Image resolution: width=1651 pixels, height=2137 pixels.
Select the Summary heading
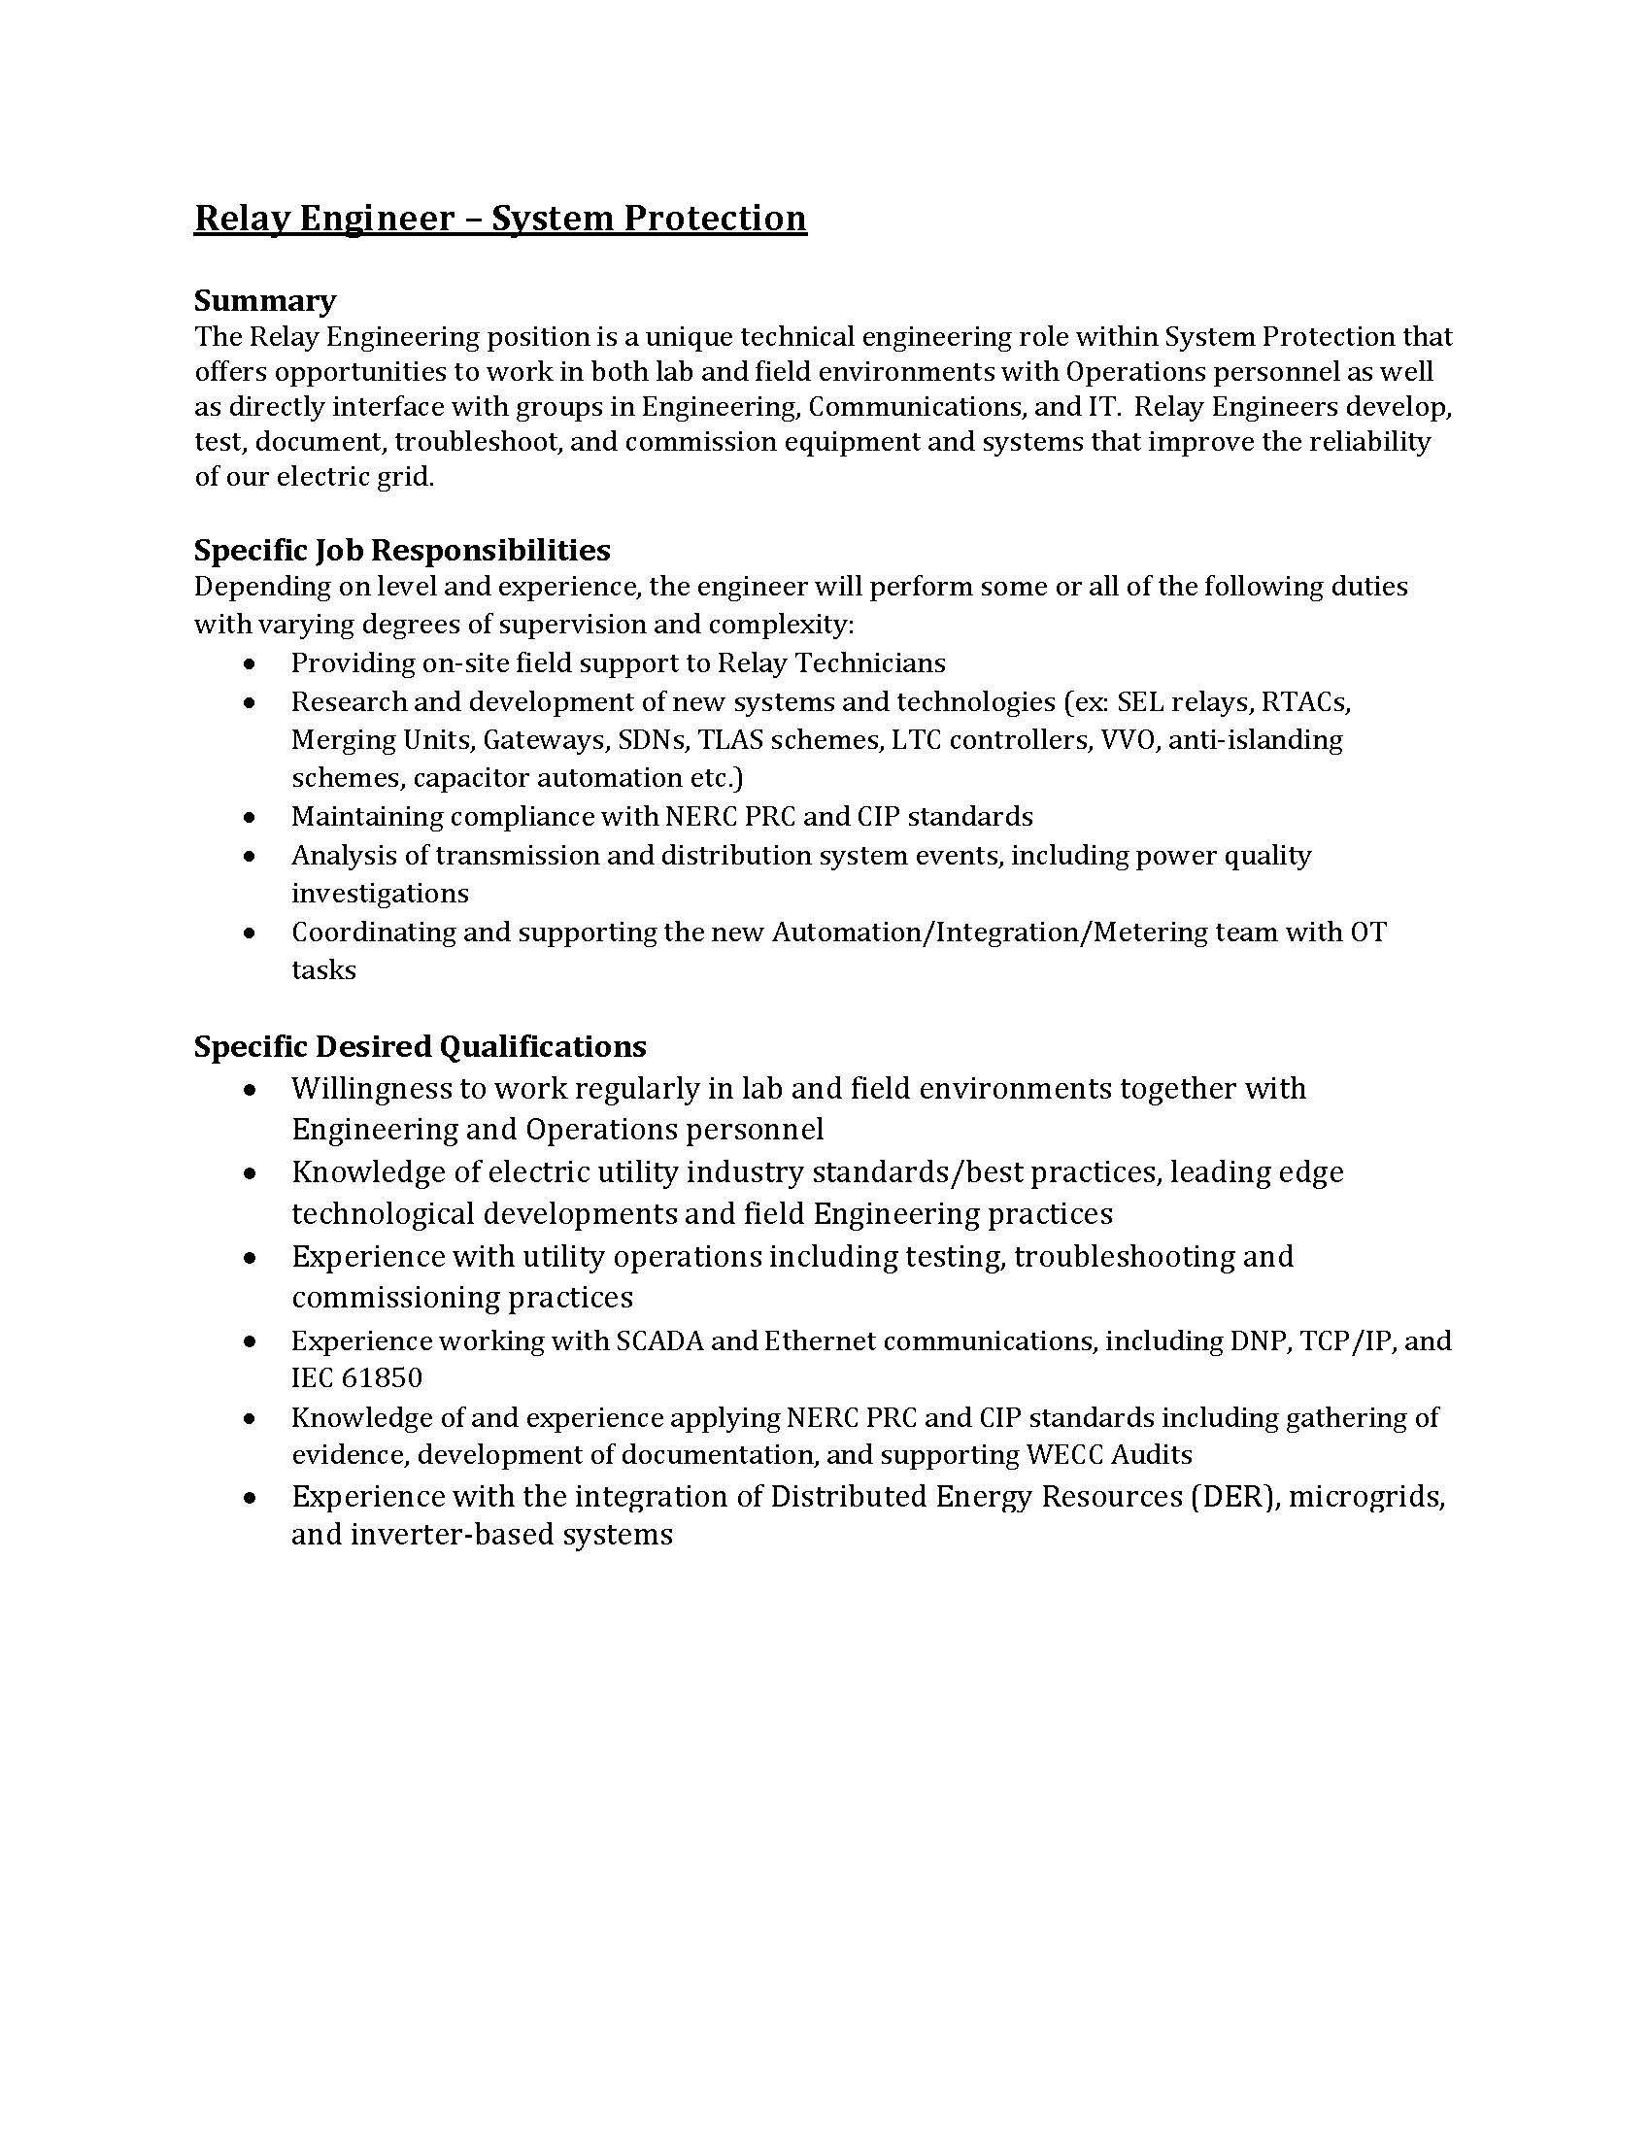264,300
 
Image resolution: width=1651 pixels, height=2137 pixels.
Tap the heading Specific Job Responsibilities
401,551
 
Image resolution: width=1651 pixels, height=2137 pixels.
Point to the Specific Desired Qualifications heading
420,1047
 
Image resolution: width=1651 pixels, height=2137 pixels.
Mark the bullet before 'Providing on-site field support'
252,664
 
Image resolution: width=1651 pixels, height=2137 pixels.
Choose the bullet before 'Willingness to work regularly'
252,1090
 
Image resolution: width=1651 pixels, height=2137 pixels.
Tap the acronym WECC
1065,1455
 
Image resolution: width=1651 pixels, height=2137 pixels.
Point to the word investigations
380,894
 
